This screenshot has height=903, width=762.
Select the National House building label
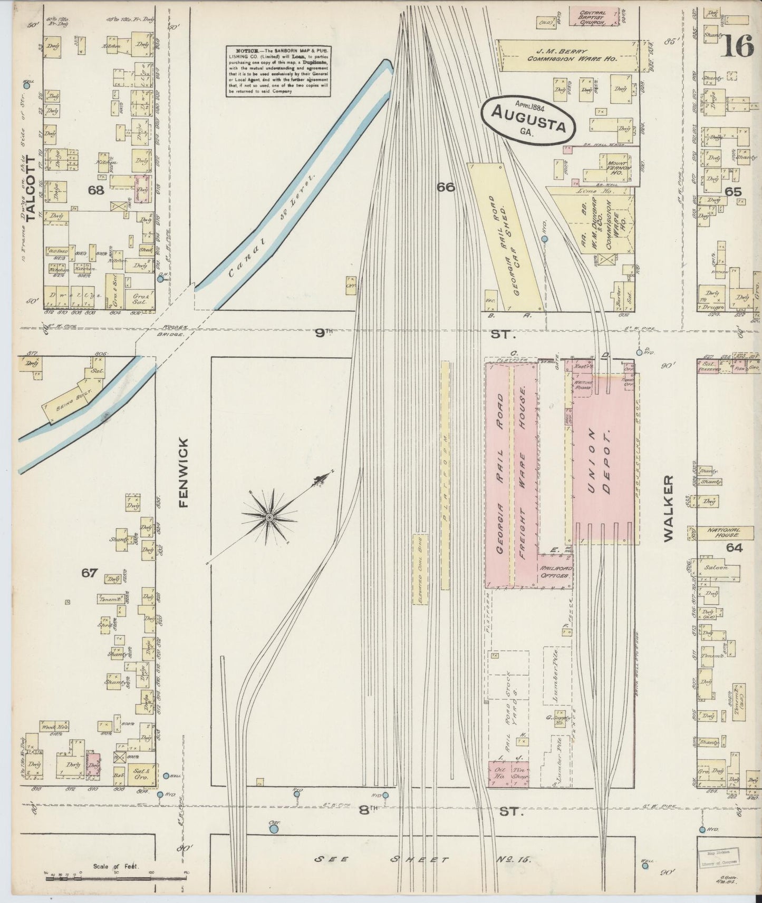click(x=720, y=533)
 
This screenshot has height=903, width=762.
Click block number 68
click(x=96, y=191)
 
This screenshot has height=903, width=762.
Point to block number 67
click(x=89, y=573)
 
